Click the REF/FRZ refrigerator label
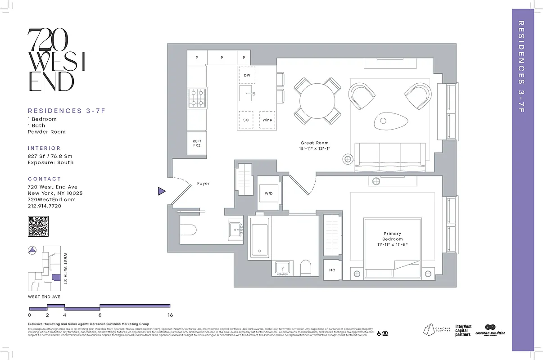tap(196, 143)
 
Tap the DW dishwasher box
tap(247, 75)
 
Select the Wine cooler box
tap(267, 120)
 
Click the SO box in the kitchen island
tap(246, 120)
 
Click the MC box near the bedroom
tap(332, 270)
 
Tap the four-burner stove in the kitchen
tap(197, 98)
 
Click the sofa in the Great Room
tap(390, 156)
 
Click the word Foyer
tap(204, 184)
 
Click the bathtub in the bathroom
tap(259, 238)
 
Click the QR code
tap(38, 226)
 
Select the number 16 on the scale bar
tap(170, 315)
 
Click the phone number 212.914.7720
tap(44, 206)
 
